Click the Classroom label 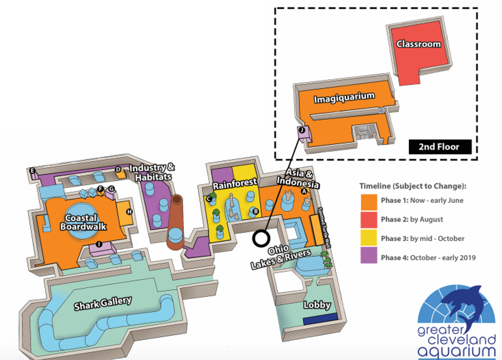tap(419, 44)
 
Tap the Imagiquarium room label tap(344, 97)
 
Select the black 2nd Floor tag tap(438, 147)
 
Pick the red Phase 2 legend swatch tap(367, 219)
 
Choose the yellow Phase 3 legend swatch tap(367, 238)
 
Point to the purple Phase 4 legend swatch tap(367, 257)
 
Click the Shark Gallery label tap(103, 303)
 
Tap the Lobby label tap(318, 305)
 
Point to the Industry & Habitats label tap(152, 172)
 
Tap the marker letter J tap(302, 130)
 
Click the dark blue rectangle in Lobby tap(320, 321)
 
